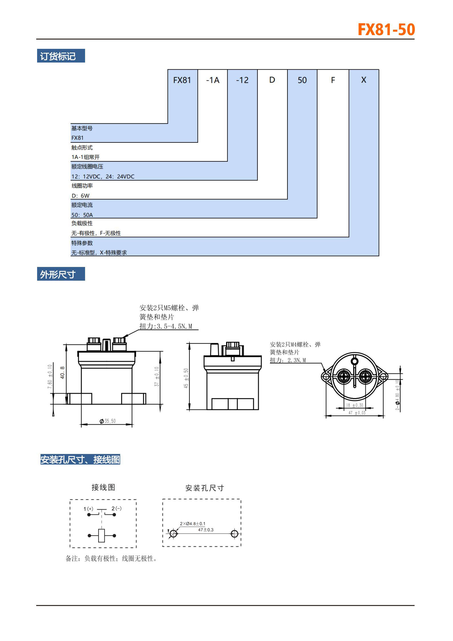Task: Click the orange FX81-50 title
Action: click(x=386, y=30)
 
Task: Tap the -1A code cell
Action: click(x=213, y=80)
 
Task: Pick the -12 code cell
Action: click(x=242, y=80)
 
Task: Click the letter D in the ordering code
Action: click(x=272, y=80)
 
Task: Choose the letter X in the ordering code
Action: click(x=363, y=80)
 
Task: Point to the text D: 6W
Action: click(x=80, y=196)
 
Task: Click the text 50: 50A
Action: click(x=82, y=215)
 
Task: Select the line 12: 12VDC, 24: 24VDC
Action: click(x=103, y=176)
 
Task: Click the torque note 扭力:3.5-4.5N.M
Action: click(x=166, y=326)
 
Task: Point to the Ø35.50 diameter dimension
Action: click(x=108, y=421)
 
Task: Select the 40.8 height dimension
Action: click(x=63, y=373)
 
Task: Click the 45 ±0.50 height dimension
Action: click(x=186, y=378)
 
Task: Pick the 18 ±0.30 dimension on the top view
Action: click(x=355, y=405)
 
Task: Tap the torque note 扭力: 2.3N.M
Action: click(x=288, y=360)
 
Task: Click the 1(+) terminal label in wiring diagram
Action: click(x=88, y=509)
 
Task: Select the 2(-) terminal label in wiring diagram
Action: click(x=116, y=508)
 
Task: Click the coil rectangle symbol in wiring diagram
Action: click(x=102, y=535)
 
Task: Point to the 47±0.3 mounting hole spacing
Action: click(x=206, y=530)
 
